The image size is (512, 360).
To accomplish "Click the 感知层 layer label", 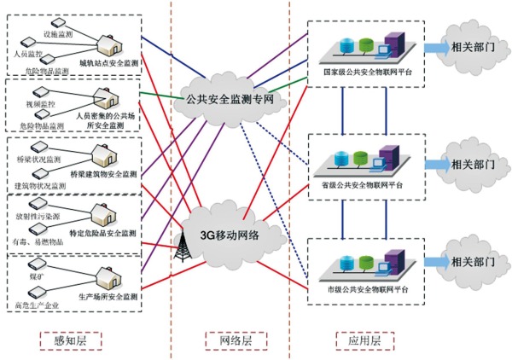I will [x=70, y=340].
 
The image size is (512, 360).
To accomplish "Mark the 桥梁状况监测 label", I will [x=38, y=160].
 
